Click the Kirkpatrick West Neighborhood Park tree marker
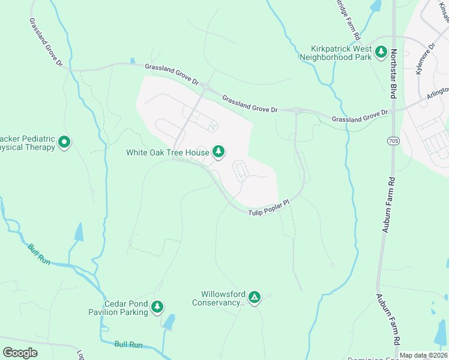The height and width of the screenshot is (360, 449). click(381, 52)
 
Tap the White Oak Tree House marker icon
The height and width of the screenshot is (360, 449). click(219, 152)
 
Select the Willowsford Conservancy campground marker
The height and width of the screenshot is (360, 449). click(255, 296)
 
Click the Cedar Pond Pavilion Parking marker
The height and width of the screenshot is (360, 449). click(157, 307)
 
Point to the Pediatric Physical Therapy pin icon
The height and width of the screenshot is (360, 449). click(64, 143)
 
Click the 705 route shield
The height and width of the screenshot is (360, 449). click(393, 141)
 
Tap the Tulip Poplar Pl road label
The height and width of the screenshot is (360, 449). click(269, 208)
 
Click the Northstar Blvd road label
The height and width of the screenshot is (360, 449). click(394, 74)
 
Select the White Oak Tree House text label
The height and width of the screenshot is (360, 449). click(167, 152)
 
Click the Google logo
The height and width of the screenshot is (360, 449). click(20, 352)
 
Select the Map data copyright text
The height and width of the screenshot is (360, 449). click(423, 355)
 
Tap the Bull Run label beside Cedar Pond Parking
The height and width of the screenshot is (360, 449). click(128, 344)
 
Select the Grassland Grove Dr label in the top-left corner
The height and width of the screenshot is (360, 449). click(46, 41)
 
